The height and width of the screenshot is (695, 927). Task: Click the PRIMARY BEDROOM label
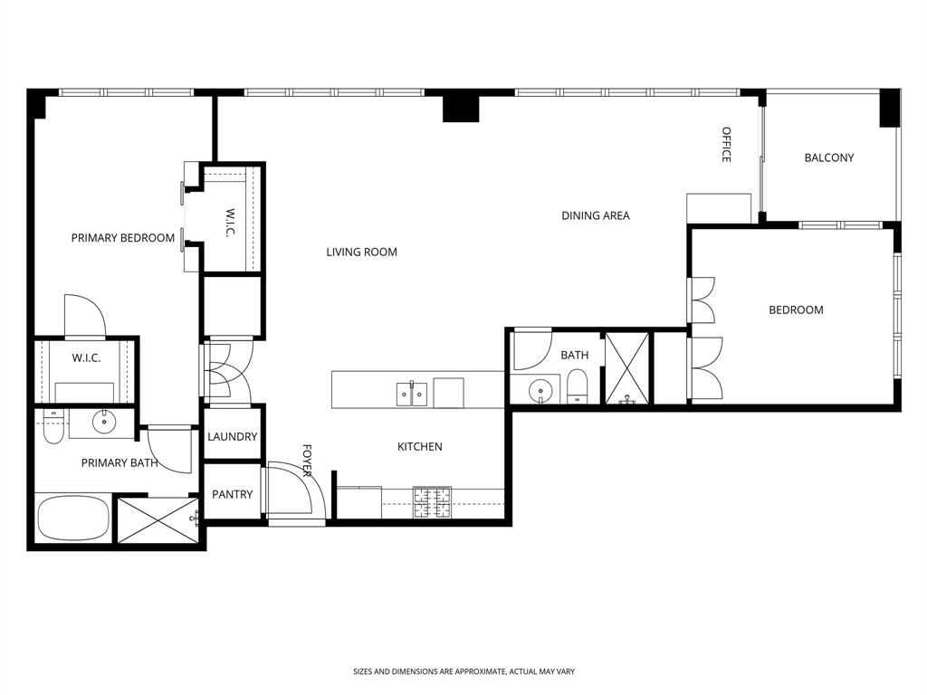(x=123, y=238)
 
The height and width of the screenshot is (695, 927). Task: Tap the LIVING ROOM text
(x=362, y=252)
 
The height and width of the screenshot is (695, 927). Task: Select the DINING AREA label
(x=596, y=215)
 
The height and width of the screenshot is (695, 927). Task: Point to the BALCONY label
(x=829, y=157)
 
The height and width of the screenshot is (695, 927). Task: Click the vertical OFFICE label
(x=726, y=145)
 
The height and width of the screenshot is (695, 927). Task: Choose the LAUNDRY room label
(x=233, y=436)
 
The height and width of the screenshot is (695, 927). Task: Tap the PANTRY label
(x=233, y=494)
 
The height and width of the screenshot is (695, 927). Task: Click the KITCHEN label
(x=420, y=446)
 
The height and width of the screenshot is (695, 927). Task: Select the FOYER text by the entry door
(x=307, y=461)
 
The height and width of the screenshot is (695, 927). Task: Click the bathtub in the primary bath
(x=72, y=518)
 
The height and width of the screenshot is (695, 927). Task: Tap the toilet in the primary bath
(x=53, y=431)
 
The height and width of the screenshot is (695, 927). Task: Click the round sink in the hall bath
(x=541, y=392)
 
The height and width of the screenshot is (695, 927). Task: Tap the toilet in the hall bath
(x=578, y=389)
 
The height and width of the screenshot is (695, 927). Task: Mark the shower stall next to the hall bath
(x=627, y=368)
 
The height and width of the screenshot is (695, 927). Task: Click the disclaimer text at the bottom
(x=463, y=671)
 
